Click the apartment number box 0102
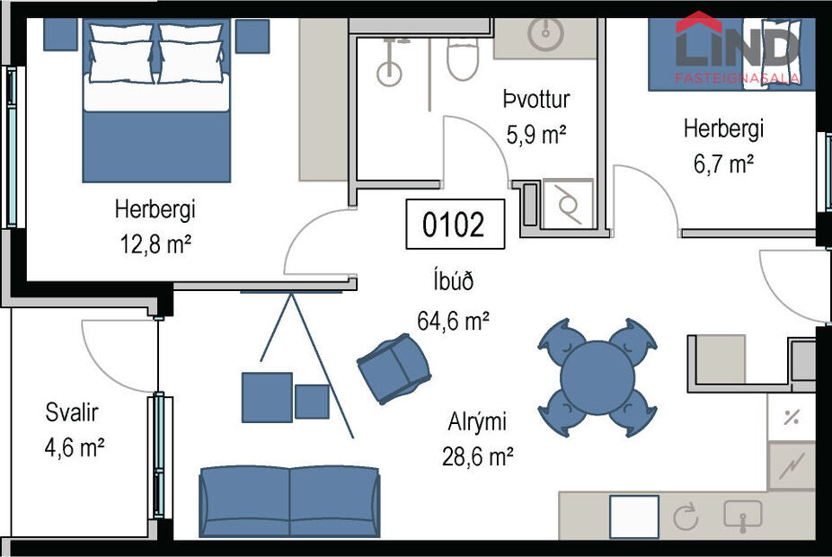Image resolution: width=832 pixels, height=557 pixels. coord(455,224)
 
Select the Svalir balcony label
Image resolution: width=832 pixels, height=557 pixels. coord(72,413)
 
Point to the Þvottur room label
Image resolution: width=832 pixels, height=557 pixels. coord(535,100)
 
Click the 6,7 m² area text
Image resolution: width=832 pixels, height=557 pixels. coord(724,164)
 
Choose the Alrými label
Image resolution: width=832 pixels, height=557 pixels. coord(477,421)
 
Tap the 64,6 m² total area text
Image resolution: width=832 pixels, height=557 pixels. coord(453,320)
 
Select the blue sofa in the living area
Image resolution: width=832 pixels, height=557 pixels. coord(289,501)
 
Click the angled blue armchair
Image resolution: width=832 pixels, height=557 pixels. coord(394,367)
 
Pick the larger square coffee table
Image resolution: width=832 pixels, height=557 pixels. coord(267,397)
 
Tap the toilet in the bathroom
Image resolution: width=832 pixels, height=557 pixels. coord(465,56)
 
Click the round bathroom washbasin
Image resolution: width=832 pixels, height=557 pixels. coord(544,34)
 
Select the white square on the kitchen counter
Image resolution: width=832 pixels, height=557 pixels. coord(633,517)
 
